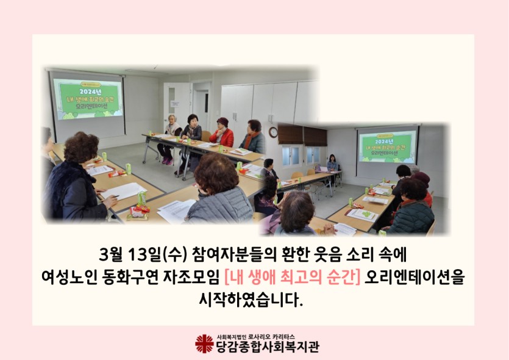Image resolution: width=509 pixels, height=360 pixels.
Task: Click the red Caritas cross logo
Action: point(204,344)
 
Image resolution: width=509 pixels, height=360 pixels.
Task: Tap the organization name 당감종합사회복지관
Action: point(268,347)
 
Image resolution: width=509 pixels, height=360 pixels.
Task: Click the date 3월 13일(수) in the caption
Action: point(143,254)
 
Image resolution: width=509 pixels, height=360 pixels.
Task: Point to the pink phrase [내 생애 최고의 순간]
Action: point(292,277)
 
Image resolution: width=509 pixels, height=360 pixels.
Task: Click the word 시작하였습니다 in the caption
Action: point(251,300)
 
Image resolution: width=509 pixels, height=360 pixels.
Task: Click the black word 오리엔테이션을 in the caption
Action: point(415,277)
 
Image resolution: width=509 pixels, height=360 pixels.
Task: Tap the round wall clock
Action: point(273,132)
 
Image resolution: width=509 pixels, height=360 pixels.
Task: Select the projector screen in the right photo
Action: point(387,147)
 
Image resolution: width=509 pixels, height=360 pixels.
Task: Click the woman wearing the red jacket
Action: point(222,133)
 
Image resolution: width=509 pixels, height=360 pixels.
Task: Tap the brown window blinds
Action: point(302,135)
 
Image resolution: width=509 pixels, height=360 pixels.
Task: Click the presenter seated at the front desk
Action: point(332,164)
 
